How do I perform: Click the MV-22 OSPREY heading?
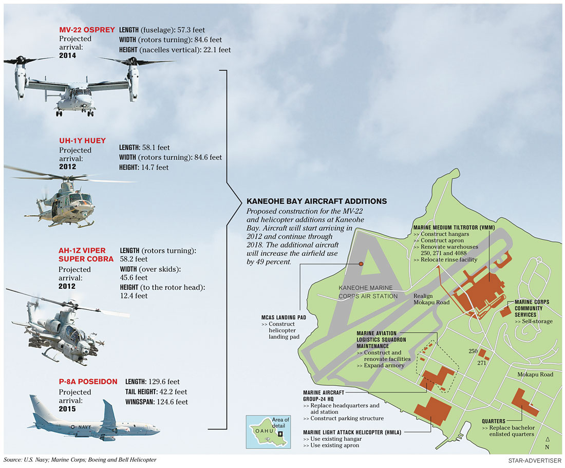[87, 30]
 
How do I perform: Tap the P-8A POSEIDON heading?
[87, 382]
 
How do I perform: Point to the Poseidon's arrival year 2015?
[67, 409]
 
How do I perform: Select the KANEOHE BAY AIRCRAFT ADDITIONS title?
[317, 201]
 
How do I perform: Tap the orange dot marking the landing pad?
[361, 264]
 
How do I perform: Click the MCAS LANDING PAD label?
[284, 317]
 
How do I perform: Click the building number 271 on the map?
[481, 363]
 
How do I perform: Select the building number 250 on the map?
[474, 351]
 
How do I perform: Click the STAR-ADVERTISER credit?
[537, 459]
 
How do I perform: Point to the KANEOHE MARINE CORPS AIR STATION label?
[368, 292]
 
